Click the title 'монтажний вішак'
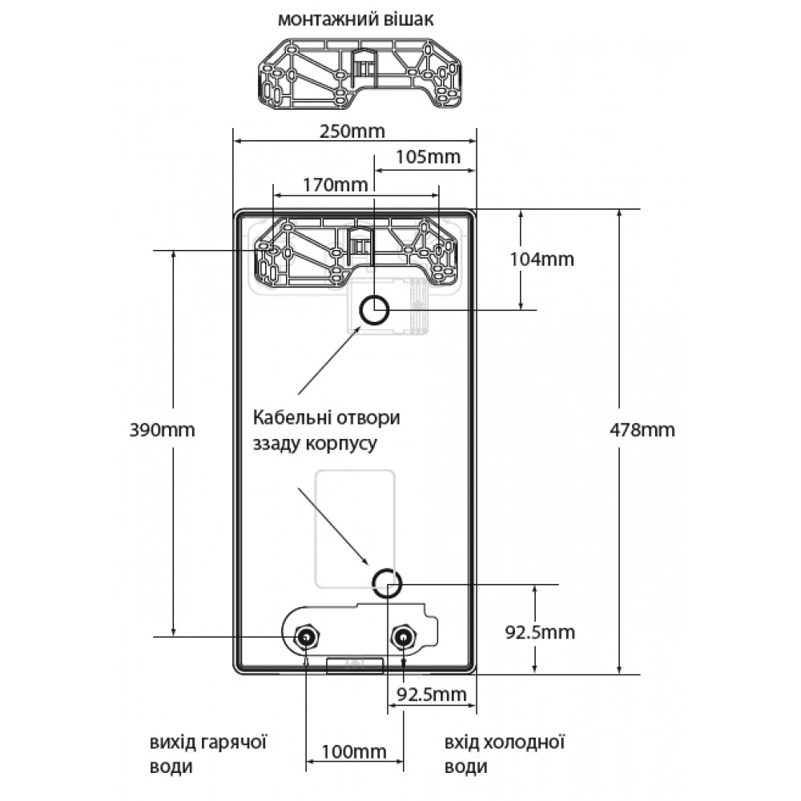coord(356,19)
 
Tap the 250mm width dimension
coord(352,131)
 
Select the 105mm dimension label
coord(428,156)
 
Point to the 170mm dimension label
coord(335,184)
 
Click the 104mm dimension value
coord(541,260)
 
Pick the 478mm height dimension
coord(642,430)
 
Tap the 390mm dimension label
coord(162,430)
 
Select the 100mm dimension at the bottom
coord(353,752)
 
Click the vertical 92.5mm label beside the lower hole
coord(540,633)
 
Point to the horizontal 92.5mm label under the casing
coord(432,694)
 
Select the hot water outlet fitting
coord(306,638)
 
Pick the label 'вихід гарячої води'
coord(208,755)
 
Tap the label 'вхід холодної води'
coord(504,755)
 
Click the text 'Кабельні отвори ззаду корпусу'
coord(327,430)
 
